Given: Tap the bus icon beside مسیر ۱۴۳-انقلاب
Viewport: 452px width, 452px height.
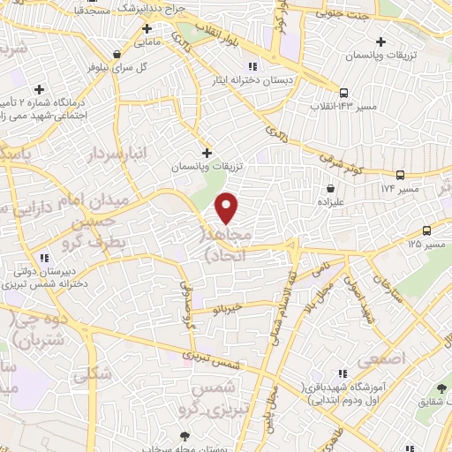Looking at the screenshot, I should click(343, 92).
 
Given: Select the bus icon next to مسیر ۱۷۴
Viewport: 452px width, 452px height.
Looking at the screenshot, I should click(401, 175).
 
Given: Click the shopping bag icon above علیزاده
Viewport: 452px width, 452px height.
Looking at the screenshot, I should click(330, 188).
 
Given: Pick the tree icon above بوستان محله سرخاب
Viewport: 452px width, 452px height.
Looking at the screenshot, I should click(185, 435).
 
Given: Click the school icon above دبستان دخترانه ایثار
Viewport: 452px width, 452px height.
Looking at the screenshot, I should click(252, 65).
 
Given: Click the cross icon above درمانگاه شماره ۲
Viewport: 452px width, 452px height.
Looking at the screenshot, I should click(39, 89).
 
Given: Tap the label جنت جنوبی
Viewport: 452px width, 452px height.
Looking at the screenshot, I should click(345, 13).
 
